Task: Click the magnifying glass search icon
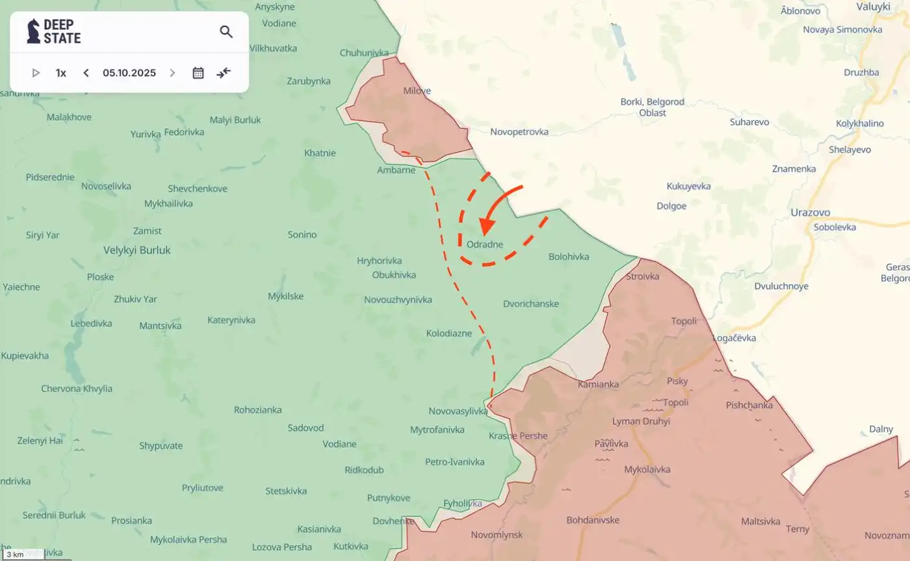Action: pyautogui.click(x=226, y=32)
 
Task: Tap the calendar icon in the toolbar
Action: pyautogui.click(x=198, y=73)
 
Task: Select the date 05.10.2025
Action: pyautogui.click(x=129, y=73)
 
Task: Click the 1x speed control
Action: pyautogui.click(x=61, y=73)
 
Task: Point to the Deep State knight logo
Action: pyautogui.click(x=33, y=31)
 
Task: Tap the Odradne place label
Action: pyautogui.click(x=485, y=244)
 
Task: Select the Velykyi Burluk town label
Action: pyautogui.click(x=137, y=250)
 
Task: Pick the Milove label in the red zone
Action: pyautogui.click(x=417, y=91)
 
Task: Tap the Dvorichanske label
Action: pyautogui.click(x=531, y=304)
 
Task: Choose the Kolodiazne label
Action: pyautogui.click(x=449, y=333)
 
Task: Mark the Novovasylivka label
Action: pyautogui.click(x=458, y=411)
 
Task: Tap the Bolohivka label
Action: pyautogui.click(x=569, y=257)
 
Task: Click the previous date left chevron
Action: pyautogui.click(x=86, y=73)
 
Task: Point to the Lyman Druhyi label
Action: pyautogui.click(x=641, y=421)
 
